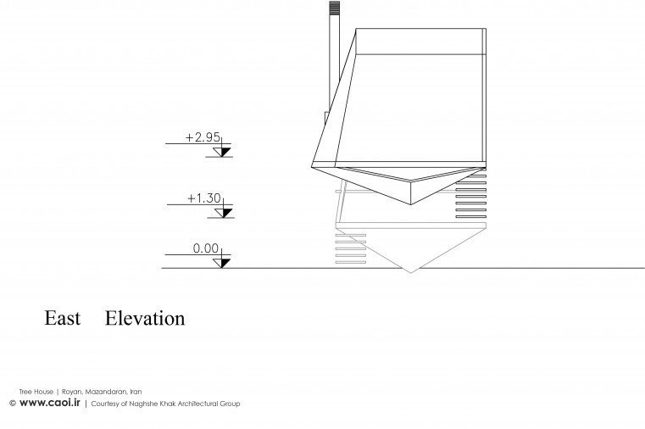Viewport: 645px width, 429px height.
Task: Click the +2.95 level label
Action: [x=203, y=137]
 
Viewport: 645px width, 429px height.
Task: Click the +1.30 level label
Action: [x=204, y=198]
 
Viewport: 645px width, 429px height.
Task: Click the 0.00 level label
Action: [x=206, y=248]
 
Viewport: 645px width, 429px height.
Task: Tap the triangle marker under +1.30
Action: [x=224, y=213]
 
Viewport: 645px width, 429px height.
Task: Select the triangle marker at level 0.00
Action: [x=222, y=263]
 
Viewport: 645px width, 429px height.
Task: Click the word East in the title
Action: [x=62, y=318]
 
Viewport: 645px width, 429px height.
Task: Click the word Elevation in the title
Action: [x=145, y=318]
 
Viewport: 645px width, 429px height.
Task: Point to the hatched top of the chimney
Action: [x=335, y=8]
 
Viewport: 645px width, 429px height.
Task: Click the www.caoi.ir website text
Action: [x=50, y=403]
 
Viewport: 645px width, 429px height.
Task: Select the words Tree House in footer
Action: [x=36, y=392]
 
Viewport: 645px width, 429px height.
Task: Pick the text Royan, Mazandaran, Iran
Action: [x=102, y=392]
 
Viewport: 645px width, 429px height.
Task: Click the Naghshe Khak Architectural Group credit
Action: [x=185, y=404]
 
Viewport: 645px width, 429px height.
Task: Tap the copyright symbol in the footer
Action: [x=13, y=403]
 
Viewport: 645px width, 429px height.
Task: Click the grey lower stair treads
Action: [x=351, y=248]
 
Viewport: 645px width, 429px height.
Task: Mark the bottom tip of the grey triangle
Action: [x=410, y=273]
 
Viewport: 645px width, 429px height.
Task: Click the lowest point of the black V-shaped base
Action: [x=411, y=204]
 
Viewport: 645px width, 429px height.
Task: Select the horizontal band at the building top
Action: [x=420, y=42]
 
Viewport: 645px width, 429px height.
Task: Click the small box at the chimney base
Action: [x=327, y=118]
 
